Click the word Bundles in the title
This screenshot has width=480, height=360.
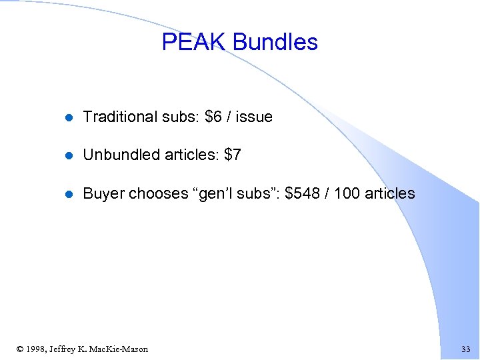275,43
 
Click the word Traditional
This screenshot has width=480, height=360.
120,117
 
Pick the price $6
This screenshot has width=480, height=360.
213,117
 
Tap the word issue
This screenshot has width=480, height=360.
254,117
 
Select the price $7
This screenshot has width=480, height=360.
233,155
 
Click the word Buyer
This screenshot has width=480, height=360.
103,194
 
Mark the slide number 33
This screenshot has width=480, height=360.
465,349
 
